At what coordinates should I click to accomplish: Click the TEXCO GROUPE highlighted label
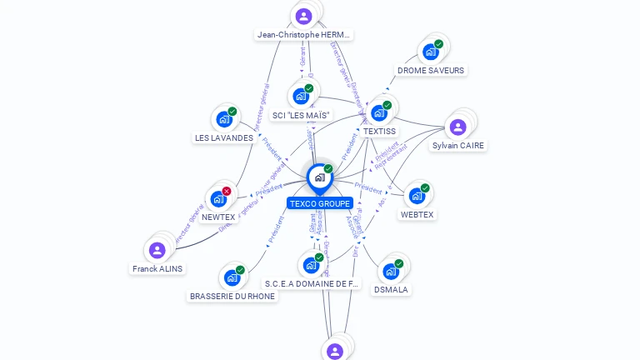pos(320,203)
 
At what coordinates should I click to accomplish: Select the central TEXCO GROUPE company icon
pos(319,177)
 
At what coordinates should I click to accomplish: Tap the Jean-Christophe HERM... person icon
pos(304,16)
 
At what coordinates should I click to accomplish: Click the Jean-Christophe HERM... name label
pos(304,35)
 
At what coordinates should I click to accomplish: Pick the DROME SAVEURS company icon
pos(431,52)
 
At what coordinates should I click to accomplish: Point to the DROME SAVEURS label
pos(431,71)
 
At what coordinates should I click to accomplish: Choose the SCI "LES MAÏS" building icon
pos(301,96)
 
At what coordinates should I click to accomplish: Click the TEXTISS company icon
pos(379,112)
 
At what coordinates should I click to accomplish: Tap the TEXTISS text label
pos(379,132)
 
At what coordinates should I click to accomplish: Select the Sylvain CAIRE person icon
pos(457,127)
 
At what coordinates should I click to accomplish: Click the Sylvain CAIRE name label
pos(457,146)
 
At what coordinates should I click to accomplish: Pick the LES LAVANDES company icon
pos(224,118)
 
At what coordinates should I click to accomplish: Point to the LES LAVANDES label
pos(224,137)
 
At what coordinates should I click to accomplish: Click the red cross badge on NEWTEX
pos(227,191)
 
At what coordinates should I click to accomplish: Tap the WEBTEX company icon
pos(417,196)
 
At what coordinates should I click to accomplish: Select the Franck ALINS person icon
pos(157,250)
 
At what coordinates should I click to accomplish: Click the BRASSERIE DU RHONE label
pos(232,296)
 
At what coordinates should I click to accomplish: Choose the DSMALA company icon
pos(391,271)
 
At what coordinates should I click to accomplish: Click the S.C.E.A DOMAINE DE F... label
pos(312,284)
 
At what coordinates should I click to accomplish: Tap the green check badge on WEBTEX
pos(425,188)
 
